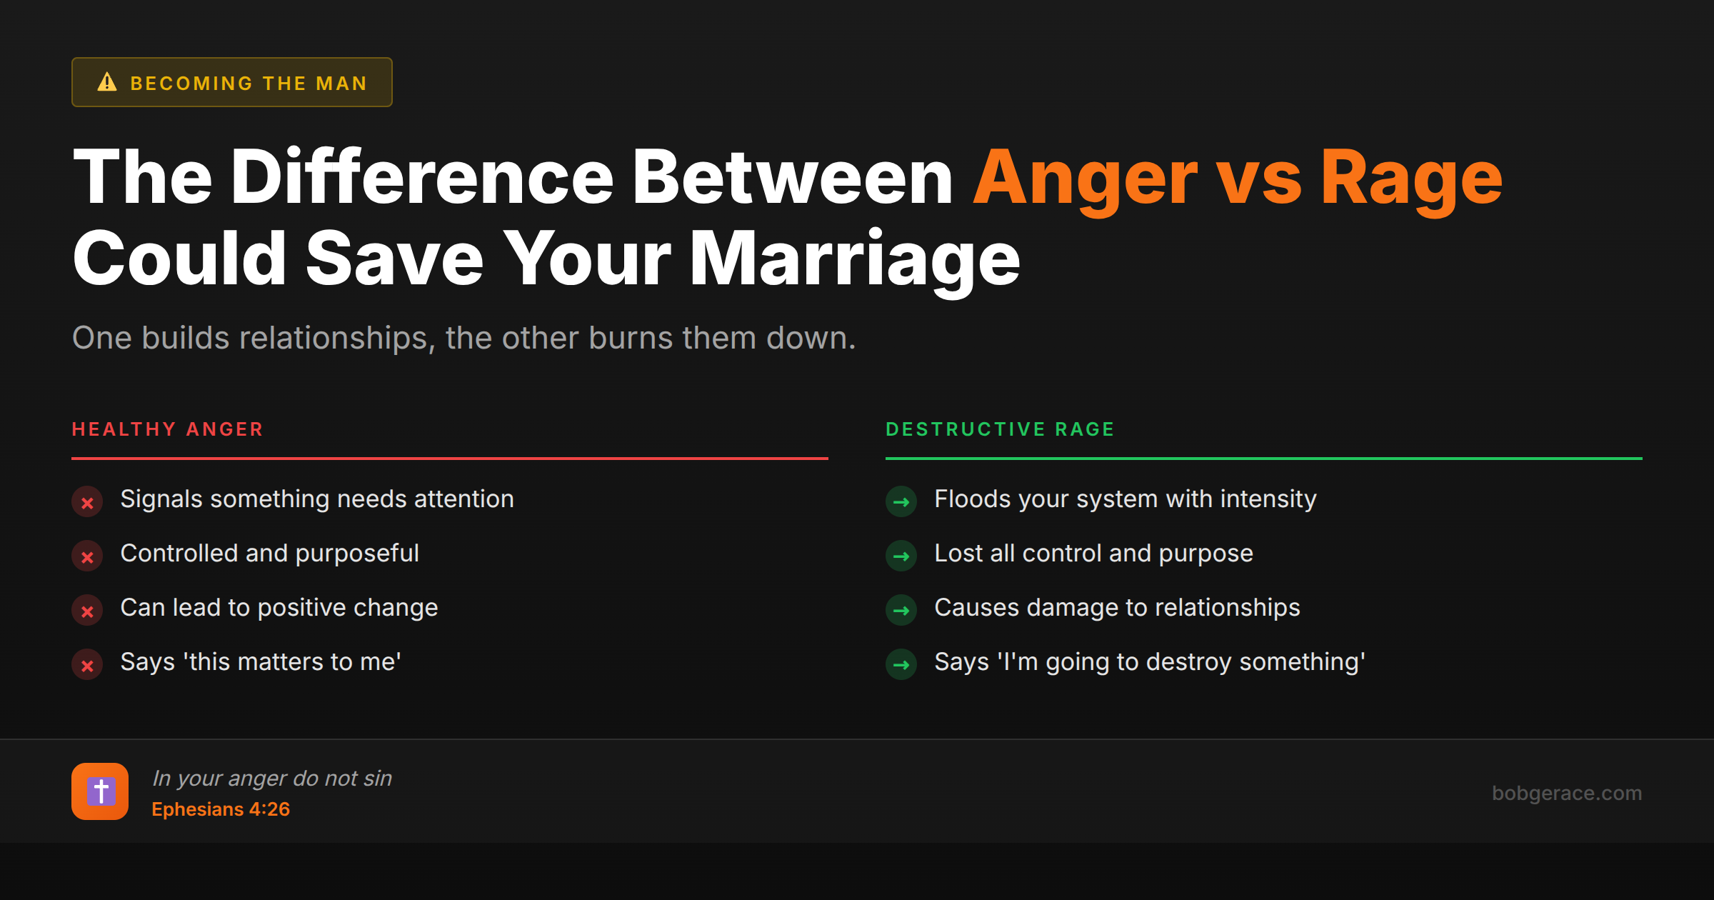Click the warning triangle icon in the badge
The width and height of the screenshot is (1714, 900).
click(107, 82)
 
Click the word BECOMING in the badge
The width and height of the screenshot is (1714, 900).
click(191, 84)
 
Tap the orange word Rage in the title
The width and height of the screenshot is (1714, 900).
click(1411, 179)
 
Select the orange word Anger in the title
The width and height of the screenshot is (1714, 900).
click(1086, 179)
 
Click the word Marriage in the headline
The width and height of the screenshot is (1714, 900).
click(854, 260)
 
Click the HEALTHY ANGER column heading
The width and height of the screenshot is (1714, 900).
click(168, 429)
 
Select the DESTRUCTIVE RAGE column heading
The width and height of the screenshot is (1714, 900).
click(1000, 429)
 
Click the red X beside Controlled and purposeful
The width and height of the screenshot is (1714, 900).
click(87, 556)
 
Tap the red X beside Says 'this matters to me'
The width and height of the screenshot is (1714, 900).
click(87, 665)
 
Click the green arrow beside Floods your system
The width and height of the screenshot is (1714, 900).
click(901, 502)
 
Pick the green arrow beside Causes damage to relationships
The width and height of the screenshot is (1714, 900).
click(901, 611)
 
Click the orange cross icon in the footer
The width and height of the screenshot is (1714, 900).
click(100, 791)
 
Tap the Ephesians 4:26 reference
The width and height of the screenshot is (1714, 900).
click(221, 809)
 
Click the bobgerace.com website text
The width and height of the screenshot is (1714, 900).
click(1566, 793)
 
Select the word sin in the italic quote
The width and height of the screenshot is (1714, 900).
click(378, 778)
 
